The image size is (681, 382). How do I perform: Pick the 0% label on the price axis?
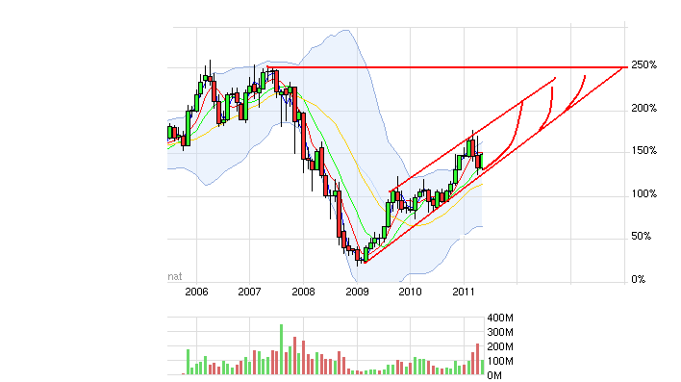click(x=638, y=280)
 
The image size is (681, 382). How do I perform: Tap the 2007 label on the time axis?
click(x=249, y=291)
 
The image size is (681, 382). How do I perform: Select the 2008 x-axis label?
click(x=303, y=291)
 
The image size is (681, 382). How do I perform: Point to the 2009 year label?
click(x=357, y=291)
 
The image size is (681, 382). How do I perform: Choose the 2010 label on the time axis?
click(x=411, y=291)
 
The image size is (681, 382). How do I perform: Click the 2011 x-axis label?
click(x=465, y=291)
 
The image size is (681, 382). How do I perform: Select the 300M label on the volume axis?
click(x=501, y=332)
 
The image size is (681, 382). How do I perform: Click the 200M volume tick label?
click(x=501, y=346)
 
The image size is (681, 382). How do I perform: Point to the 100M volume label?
click(x=501, y=360)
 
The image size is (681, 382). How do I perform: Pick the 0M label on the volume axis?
click(x=494, y=373)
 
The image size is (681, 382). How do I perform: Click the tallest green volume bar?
click(x=282, y=349)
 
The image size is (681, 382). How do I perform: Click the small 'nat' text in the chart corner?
click(x=175, y=276)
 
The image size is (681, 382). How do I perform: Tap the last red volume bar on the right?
click(x=476, y=359)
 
